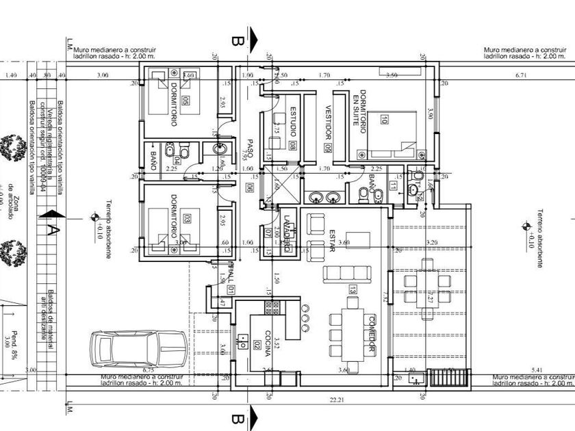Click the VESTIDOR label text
click(328, 120)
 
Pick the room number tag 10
click(385, 121)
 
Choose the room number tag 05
click(186, 102)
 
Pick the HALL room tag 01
click(231, 290)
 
